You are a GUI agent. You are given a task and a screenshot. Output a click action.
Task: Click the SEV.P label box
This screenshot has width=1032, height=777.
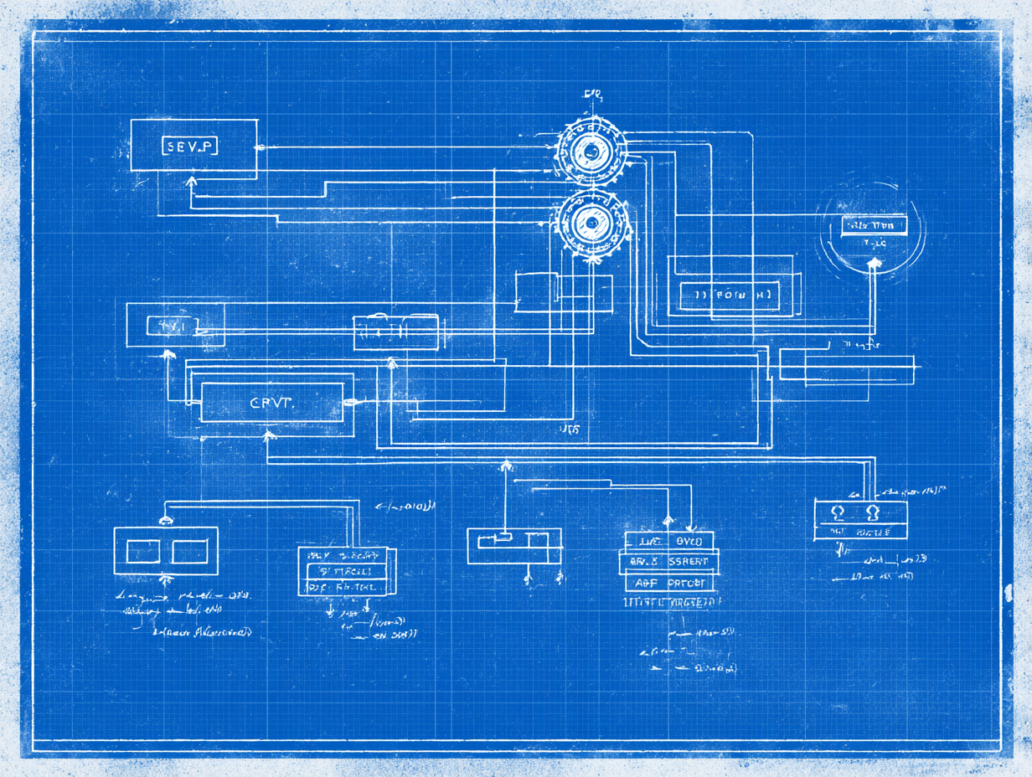pyautogui.click(x=188, y=147)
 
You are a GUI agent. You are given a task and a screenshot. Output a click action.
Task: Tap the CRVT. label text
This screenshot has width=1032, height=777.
pyautogui.click(x=273, y=403)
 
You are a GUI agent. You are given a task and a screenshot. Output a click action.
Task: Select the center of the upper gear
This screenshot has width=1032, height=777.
pyautogui.click(x=591, y=153)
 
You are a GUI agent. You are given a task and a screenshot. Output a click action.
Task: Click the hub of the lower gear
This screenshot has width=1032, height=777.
pyautogui.click(x=591, y=222)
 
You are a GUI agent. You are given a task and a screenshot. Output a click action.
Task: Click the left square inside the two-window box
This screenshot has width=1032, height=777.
pyautogui.click(x=142, y=551)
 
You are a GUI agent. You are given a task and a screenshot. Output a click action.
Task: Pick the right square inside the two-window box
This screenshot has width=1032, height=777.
pyautogui.click(x=190, y=551)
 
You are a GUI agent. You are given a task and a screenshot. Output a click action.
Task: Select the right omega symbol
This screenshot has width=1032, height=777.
pyautogui.click(x=872, y=512)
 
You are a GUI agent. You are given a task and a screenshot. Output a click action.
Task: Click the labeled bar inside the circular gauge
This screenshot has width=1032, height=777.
pyautogui.click(x=874, y=225)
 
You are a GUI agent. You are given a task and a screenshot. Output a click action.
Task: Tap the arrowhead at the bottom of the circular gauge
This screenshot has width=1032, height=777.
pyautogui.click(x=875, y=263)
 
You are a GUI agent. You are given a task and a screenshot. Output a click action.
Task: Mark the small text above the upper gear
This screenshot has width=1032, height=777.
pyautogui.click(x=593, y=94)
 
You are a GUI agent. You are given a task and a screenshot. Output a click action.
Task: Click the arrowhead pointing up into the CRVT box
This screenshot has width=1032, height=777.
pyautogui.click(x=269, y=435)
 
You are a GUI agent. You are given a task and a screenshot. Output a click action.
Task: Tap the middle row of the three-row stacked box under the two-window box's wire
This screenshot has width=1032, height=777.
pyautogui.click(x=345, y=571)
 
